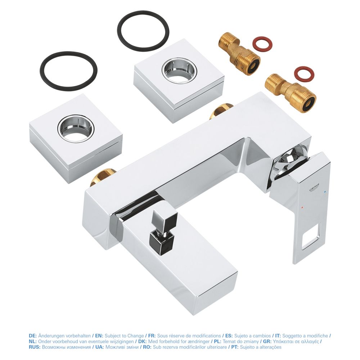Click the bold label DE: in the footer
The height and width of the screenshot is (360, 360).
coord(33,336)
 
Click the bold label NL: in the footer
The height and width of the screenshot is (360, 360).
coord(33,341)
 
